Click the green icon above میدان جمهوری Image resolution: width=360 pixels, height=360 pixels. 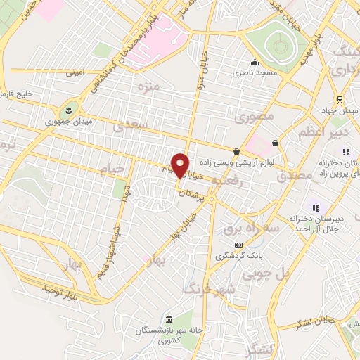click(70, 109)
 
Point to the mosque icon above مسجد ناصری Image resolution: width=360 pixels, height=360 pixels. click(258, 60)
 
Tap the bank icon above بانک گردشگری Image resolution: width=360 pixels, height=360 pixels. click(238, 244)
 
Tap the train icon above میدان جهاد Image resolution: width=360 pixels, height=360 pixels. click(340, 99)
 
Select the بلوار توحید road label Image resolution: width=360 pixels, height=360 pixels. click(63, 289)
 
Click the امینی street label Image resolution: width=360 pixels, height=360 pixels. click(75, 72)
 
